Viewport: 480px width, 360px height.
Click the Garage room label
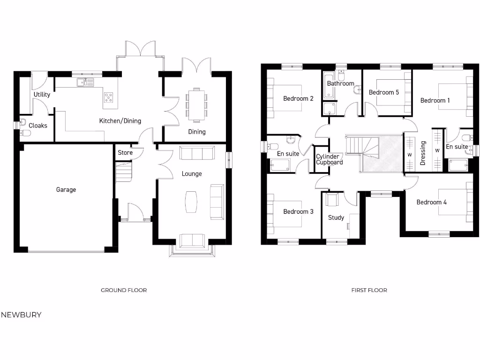[66, 190]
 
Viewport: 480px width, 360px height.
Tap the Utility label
[42, 95]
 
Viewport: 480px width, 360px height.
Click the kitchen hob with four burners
[109, 97]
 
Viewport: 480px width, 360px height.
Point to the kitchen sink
[85, 82]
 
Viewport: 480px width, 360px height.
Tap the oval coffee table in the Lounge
[191, 202]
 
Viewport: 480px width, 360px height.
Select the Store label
[125, 152]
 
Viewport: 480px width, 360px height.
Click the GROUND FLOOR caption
[124, 290]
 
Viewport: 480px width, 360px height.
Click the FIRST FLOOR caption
[369, 290]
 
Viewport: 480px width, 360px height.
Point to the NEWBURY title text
[21, 315]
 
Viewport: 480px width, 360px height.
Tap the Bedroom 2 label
[298, 98]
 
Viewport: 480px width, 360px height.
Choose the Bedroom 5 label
[383, 92]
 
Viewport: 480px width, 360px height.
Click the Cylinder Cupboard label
[329, 159]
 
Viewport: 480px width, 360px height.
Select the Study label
[336, 217]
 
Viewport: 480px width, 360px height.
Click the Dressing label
[423, 153]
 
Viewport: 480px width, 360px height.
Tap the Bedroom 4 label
[431, 202]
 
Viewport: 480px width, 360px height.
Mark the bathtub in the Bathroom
[329, 85]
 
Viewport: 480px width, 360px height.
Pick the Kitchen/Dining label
[120, 121]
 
